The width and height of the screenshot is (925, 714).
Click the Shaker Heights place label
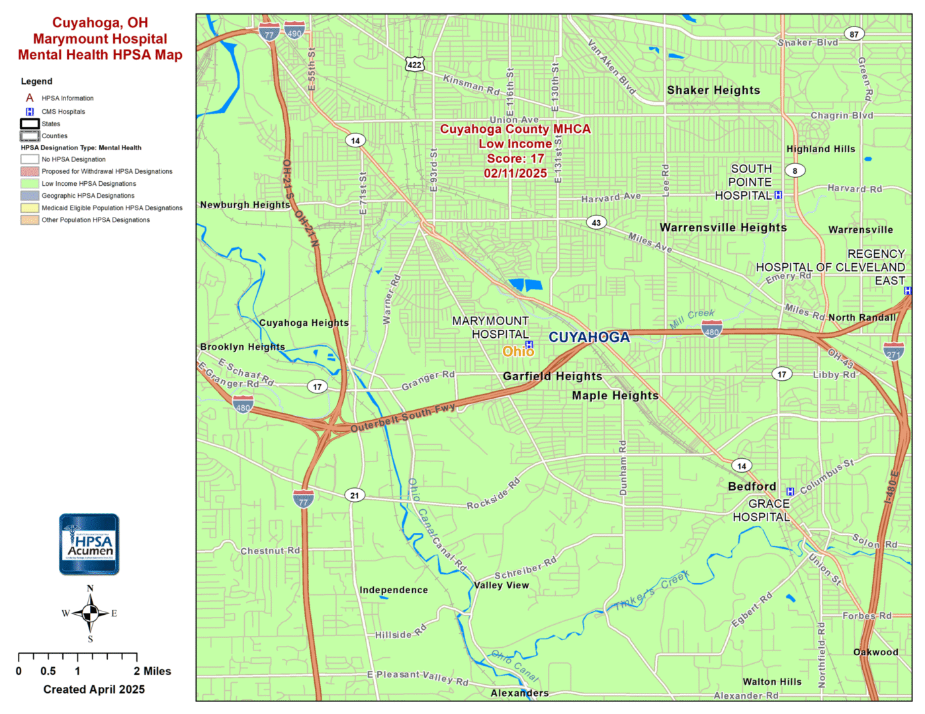click(x=713, y=91)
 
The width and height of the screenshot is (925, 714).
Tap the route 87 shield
click(x=854, y=34)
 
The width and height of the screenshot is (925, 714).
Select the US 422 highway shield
click(x=414, y=64)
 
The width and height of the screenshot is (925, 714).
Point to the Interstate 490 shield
click(x=294, y=31)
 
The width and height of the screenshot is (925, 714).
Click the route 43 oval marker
click(x=596, y=223)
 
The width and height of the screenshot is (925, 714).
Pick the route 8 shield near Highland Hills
click(x=795, y=171)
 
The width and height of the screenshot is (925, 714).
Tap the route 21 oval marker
click(x=355, y=495)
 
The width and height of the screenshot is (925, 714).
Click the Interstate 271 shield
click(x=893, y=351)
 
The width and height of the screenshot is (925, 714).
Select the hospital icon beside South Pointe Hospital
click(x=778, y=195)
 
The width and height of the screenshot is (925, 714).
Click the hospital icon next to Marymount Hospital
click(x=529, y=344)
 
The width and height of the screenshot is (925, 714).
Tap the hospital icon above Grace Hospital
click(x=790, y=491)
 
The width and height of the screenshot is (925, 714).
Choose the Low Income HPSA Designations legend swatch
click(x=30, y=184)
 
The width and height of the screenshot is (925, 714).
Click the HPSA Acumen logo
click(x=89, y=544)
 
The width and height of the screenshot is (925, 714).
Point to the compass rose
click(x=90, y=614)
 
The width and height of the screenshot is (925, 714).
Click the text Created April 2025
click(x=94, y=690)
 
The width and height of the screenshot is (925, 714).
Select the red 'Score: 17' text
click(x=515, y=159)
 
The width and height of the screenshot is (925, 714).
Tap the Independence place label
click(x=394, y=590)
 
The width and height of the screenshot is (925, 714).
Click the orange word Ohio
click(x=517, y=352)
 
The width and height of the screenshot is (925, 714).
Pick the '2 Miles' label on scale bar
click(x=152, y=671)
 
